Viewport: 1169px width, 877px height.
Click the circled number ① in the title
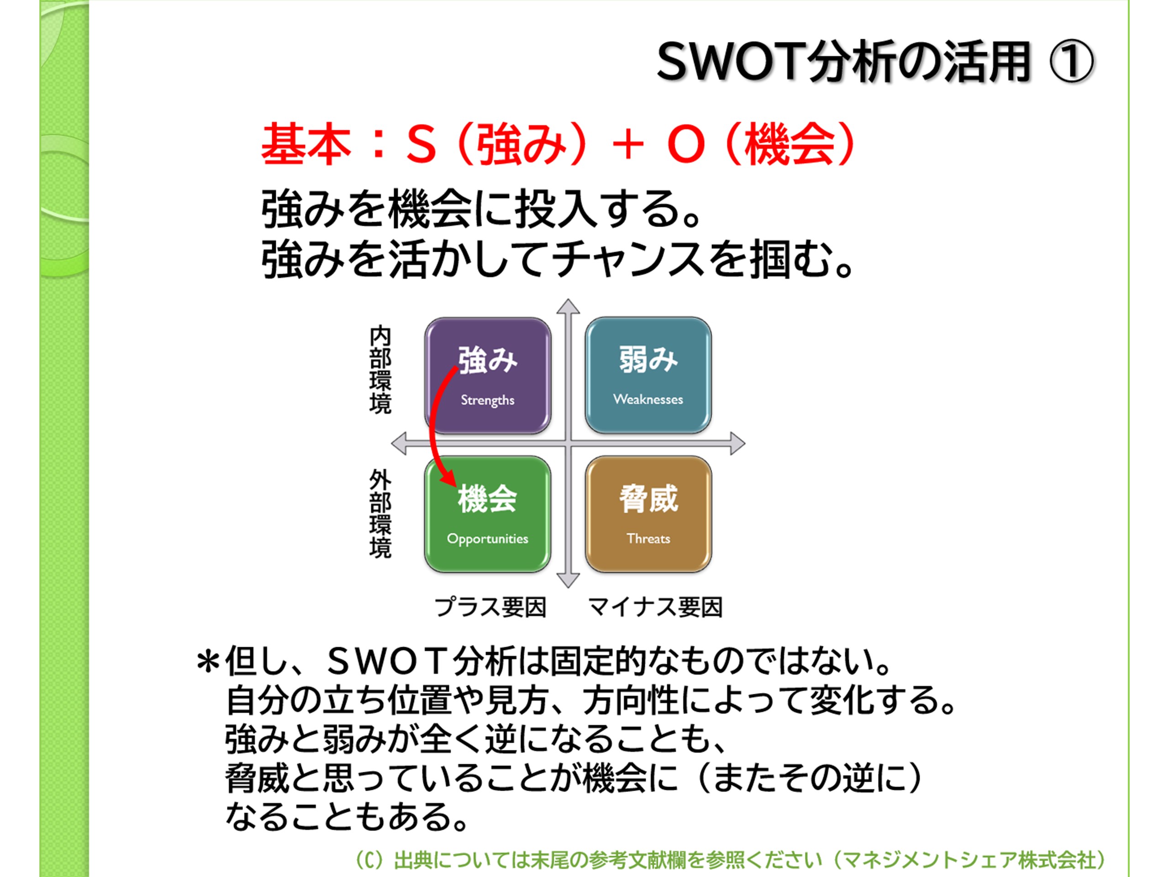1071,63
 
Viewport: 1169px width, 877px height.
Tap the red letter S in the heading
421,144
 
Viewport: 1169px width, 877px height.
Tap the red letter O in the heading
685,144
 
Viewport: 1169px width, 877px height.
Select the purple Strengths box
488,376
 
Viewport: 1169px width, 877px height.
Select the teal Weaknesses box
648,376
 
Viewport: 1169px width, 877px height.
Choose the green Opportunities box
488,514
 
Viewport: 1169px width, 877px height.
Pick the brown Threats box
648,514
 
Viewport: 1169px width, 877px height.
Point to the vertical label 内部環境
380,370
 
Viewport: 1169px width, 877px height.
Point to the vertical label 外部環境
380,514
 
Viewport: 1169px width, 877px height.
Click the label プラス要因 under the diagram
490,607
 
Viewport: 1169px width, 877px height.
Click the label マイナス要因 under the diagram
655,607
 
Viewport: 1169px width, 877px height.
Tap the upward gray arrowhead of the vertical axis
568,306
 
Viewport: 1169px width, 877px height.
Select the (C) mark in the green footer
369,861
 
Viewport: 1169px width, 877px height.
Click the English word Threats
648,539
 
